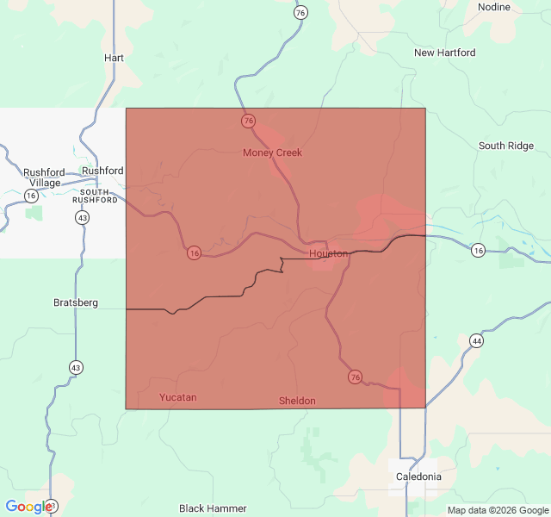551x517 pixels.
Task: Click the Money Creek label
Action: pos(272,153)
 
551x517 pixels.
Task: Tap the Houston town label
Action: pos(328,254)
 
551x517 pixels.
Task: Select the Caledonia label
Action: pos(418,477)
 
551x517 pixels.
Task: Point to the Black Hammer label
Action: pos(213,508)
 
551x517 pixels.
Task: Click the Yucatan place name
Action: pos(178,397)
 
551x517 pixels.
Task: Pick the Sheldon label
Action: pos(297,401)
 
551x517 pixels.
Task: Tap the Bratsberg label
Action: pos(76,302)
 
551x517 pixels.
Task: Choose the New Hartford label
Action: pos(444,53)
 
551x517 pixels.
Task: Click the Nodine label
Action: pos(494,7)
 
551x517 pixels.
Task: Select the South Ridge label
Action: pos(506,146)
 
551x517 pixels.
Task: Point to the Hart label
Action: pos(114,58)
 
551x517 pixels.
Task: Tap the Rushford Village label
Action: pos(42,178)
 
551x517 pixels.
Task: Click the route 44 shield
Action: pos(476,341)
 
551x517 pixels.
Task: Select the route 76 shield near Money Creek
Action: pos(249,121)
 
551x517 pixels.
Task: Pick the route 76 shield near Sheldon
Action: pos(355,377)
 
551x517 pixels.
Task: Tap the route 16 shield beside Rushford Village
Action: pos(32,196)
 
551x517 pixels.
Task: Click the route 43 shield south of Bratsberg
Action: pos(77,368)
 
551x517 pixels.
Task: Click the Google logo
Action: pos(28,507)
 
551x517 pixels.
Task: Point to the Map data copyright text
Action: pos(497,510)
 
